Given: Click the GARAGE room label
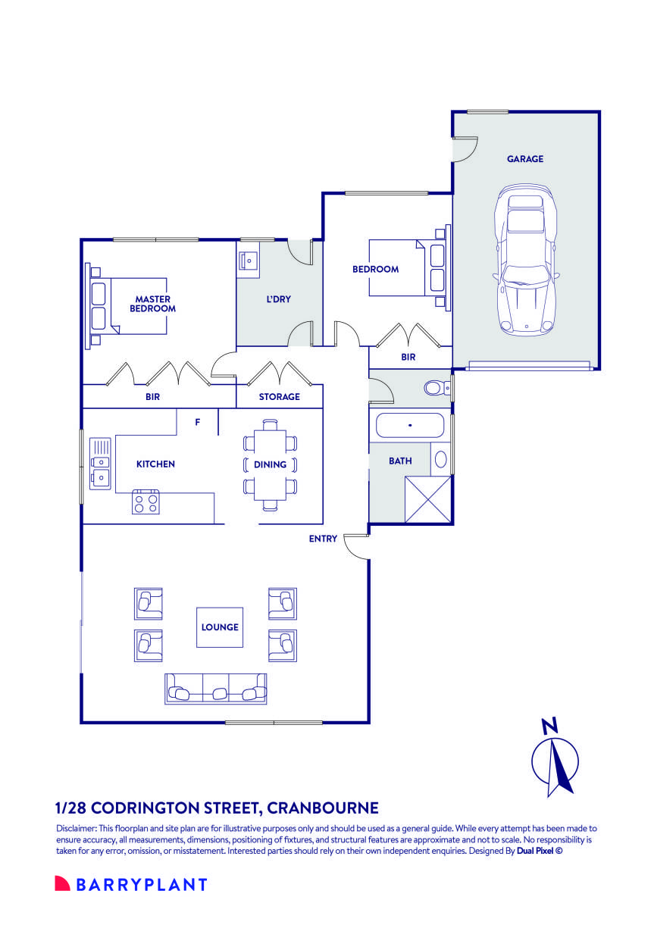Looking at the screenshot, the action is [524, 158].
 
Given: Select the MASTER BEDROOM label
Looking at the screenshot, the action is [152, 304].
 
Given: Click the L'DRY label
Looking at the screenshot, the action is [278, 299].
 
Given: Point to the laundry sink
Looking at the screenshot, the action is [249, 261].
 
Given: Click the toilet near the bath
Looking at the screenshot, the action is [437, 388].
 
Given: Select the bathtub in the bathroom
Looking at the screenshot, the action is [410, 425].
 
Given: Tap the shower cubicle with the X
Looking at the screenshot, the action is [428, 500].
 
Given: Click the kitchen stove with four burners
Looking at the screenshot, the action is [146, 502].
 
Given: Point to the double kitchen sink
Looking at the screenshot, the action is [100, 464].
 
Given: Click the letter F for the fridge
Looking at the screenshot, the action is [198, 422].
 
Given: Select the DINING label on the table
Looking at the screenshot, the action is [270, 464].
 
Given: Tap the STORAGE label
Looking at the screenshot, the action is [280, 397].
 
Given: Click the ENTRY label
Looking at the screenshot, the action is [323, 539].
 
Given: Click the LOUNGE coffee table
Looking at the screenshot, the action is [219, 627].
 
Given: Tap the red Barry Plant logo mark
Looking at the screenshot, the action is [62, 883].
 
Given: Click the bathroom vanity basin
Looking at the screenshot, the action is [440, 459].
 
